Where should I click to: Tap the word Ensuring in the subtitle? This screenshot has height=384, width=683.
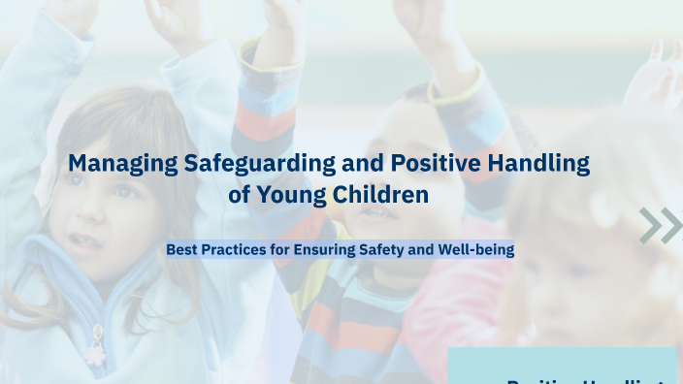click(x=330, y=249)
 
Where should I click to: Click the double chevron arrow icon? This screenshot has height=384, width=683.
click(x=660, y=225)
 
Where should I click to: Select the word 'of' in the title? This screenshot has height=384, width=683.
click(x=240, y=195)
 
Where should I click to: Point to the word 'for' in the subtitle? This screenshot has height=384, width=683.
click(x=281, y=249)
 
